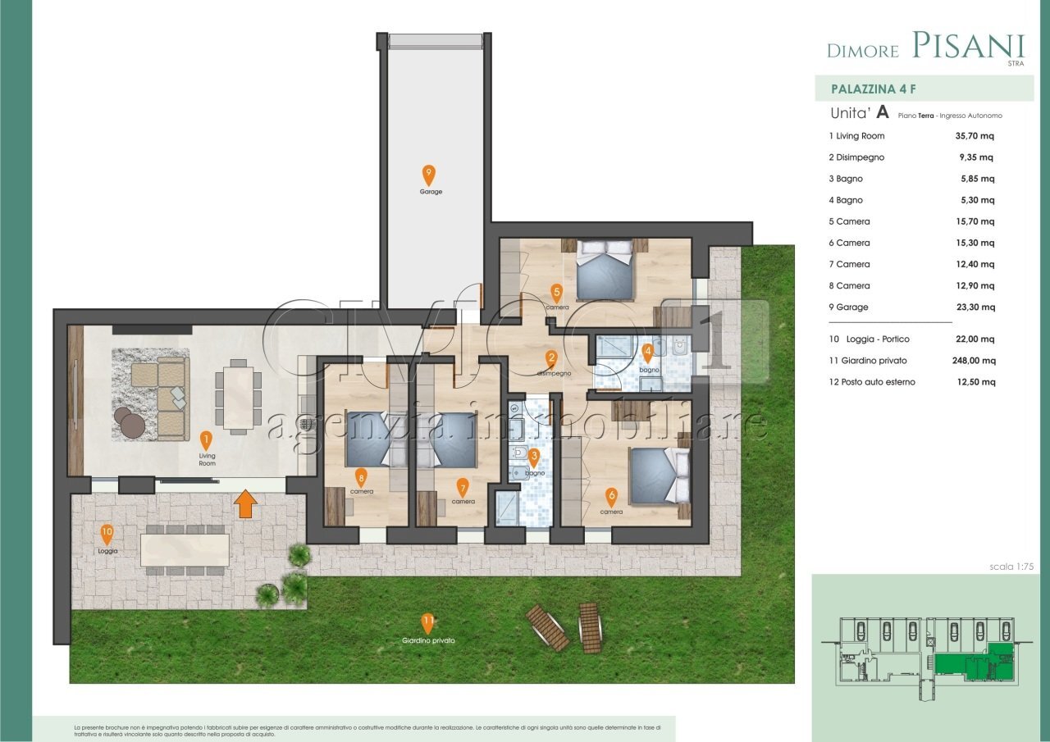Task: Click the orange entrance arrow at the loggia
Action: pyautogui.click(x=244, y=504)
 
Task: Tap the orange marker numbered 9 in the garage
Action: pyautogui.click(x=428, y=175)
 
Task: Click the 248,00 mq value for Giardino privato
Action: pyautogui.click(x=970, y=361)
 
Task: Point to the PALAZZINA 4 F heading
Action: pyautogui.click(x=868, y=89)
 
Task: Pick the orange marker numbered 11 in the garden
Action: pyautogui.click(x=427, y=621)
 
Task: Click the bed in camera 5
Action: pyautogui.click(x=605, y=271)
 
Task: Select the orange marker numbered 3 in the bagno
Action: pyautogui.click(x=534, y=458)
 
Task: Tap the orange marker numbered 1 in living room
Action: pyautogui.click(x=206, y=439)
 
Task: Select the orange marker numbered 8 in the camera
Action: pyautogui.click(x=361, y=476)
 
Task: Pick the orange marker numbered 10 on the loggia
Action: pyautogui.click(x=107, y=534)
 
